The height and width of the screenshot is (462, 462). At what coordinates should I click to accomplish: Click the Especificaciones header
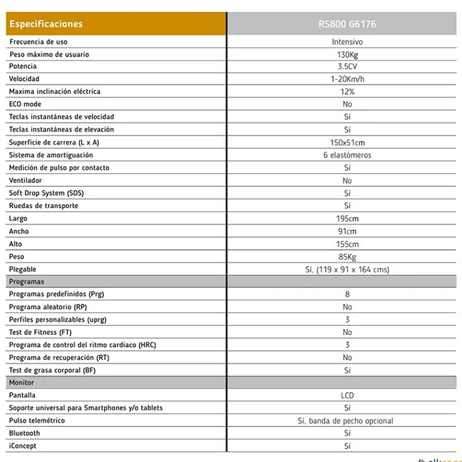click(x=46, y=24)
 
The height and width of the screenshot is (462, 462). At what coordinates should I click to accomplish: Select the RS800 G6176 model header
click(x=347, y=24)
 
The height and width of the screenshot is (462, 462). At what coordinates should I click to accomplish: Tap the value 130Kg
click(x=347, y=54)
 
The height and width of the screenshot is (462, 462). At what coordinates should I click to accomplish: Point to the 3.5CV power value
click(x=347, y=66)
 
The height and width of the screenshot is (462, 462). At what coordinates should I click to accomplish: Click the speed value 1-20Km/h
click(x=347, y=79)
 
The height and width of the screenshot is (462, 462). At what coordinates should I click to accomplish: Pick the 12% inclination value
click(x=347, y=92)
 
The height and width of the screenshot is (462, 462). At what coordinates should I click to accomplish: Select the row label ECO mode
click(x=25, y=105)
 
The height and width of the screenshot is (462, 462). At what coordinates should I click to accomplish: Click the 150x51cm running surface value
click(x=347, y=143)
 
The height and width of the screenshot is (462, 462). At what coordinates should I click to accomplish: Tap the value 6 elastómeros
click(x=347, y=155)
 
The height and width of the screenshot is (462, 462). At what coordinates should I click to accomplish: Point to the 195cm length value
click(x=347, y=219)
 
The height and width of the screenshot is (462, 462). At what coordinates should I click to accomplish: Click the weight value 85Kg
click(x=347, y=257)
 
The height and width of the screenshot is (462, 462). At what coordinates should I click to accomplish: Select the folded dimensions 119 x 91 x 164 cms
click(x=353, y=270)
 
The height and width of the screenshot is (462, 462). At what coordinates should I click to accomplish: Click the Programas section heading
click(x=27, y=282)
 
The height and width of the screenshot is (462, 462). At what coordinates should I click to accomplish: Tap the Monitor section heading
click(x=21, y=383)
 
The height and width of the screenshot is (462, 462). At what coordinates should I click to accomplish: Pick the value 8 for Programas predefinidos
click(x=347, y=295)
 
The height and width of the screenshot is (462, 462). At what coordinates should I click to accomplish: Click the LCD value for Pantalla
click(x=347, y=396)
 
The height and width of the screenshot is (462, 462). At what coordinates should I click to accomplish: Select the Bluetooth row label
click(x=25, y=433)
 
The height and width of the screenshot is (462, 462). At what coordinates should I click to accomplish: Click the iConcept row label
click(x=23, y=446)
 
